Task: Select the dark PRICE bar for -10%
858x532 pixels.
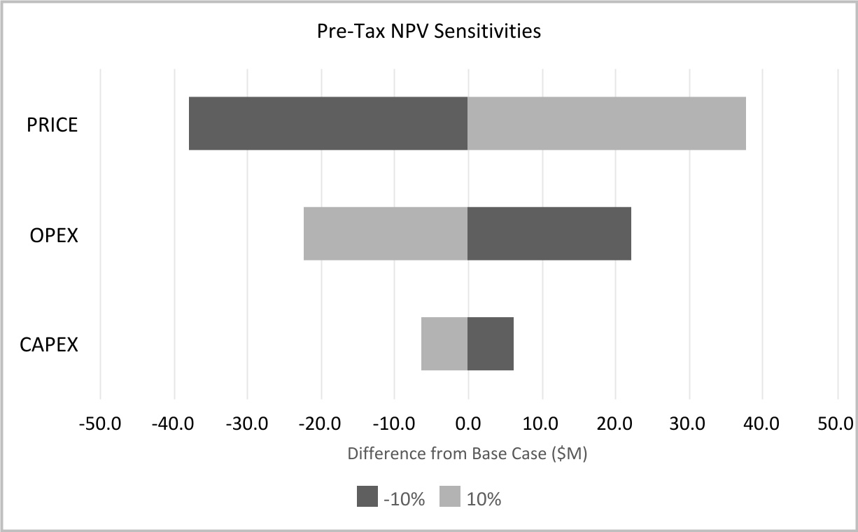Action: coord(328,123)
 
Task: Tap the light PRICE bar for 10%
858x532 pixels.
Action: coord(607,123)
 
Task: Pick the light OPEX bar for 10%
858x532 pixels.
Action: coord(386,234)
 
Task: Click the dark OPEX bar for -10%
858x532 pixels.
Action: coord(549,234)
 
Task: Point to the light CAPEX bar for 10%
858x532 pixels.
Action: coord(444,344)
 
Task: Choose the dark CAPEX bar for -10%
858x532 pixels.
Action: coord(491,344)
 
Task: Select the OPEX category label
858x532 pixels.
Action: coord(54,235)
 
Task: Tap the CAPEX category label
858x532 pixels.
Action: coord(49,345)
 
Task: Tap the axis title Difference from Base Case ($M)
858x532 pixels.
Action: coord(467,454)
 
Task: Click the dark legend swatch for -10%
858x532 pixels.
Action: coord(367,497)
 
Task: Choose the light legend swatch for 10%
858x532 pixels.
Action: coord(450,497)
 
